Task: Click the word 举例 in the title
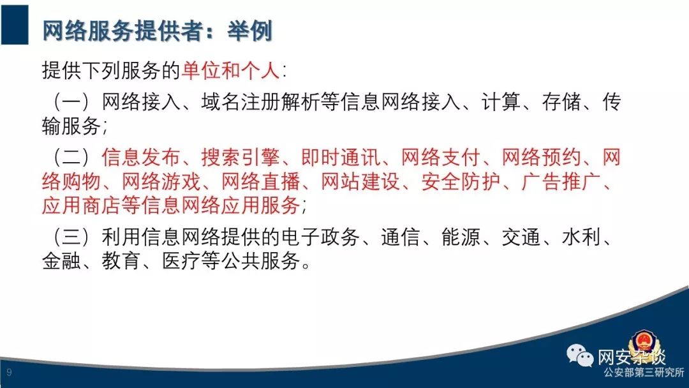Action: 249,31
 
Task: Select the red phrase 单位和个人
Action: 230,70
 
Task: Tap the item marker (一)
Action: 71,102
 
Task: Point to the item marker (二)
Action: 71,157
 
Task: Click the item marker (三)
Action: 71,237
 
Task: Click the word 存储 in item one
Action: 561,102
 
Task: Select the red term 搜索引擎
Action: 241,157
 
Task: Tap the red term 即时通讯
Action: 341,157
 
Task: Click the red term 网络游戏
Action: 161,181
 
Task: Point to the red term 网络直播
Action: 260,181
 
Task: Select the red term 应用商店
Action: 81,205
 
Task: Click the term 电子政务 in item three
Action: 320,237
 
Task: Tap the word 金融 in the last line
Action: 61,261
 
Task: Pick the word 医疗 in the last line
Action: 181,261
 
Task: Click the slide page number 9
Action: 9,373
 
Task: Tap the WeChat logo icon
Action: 580,355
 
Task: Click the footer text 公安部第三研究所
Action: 644,373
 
